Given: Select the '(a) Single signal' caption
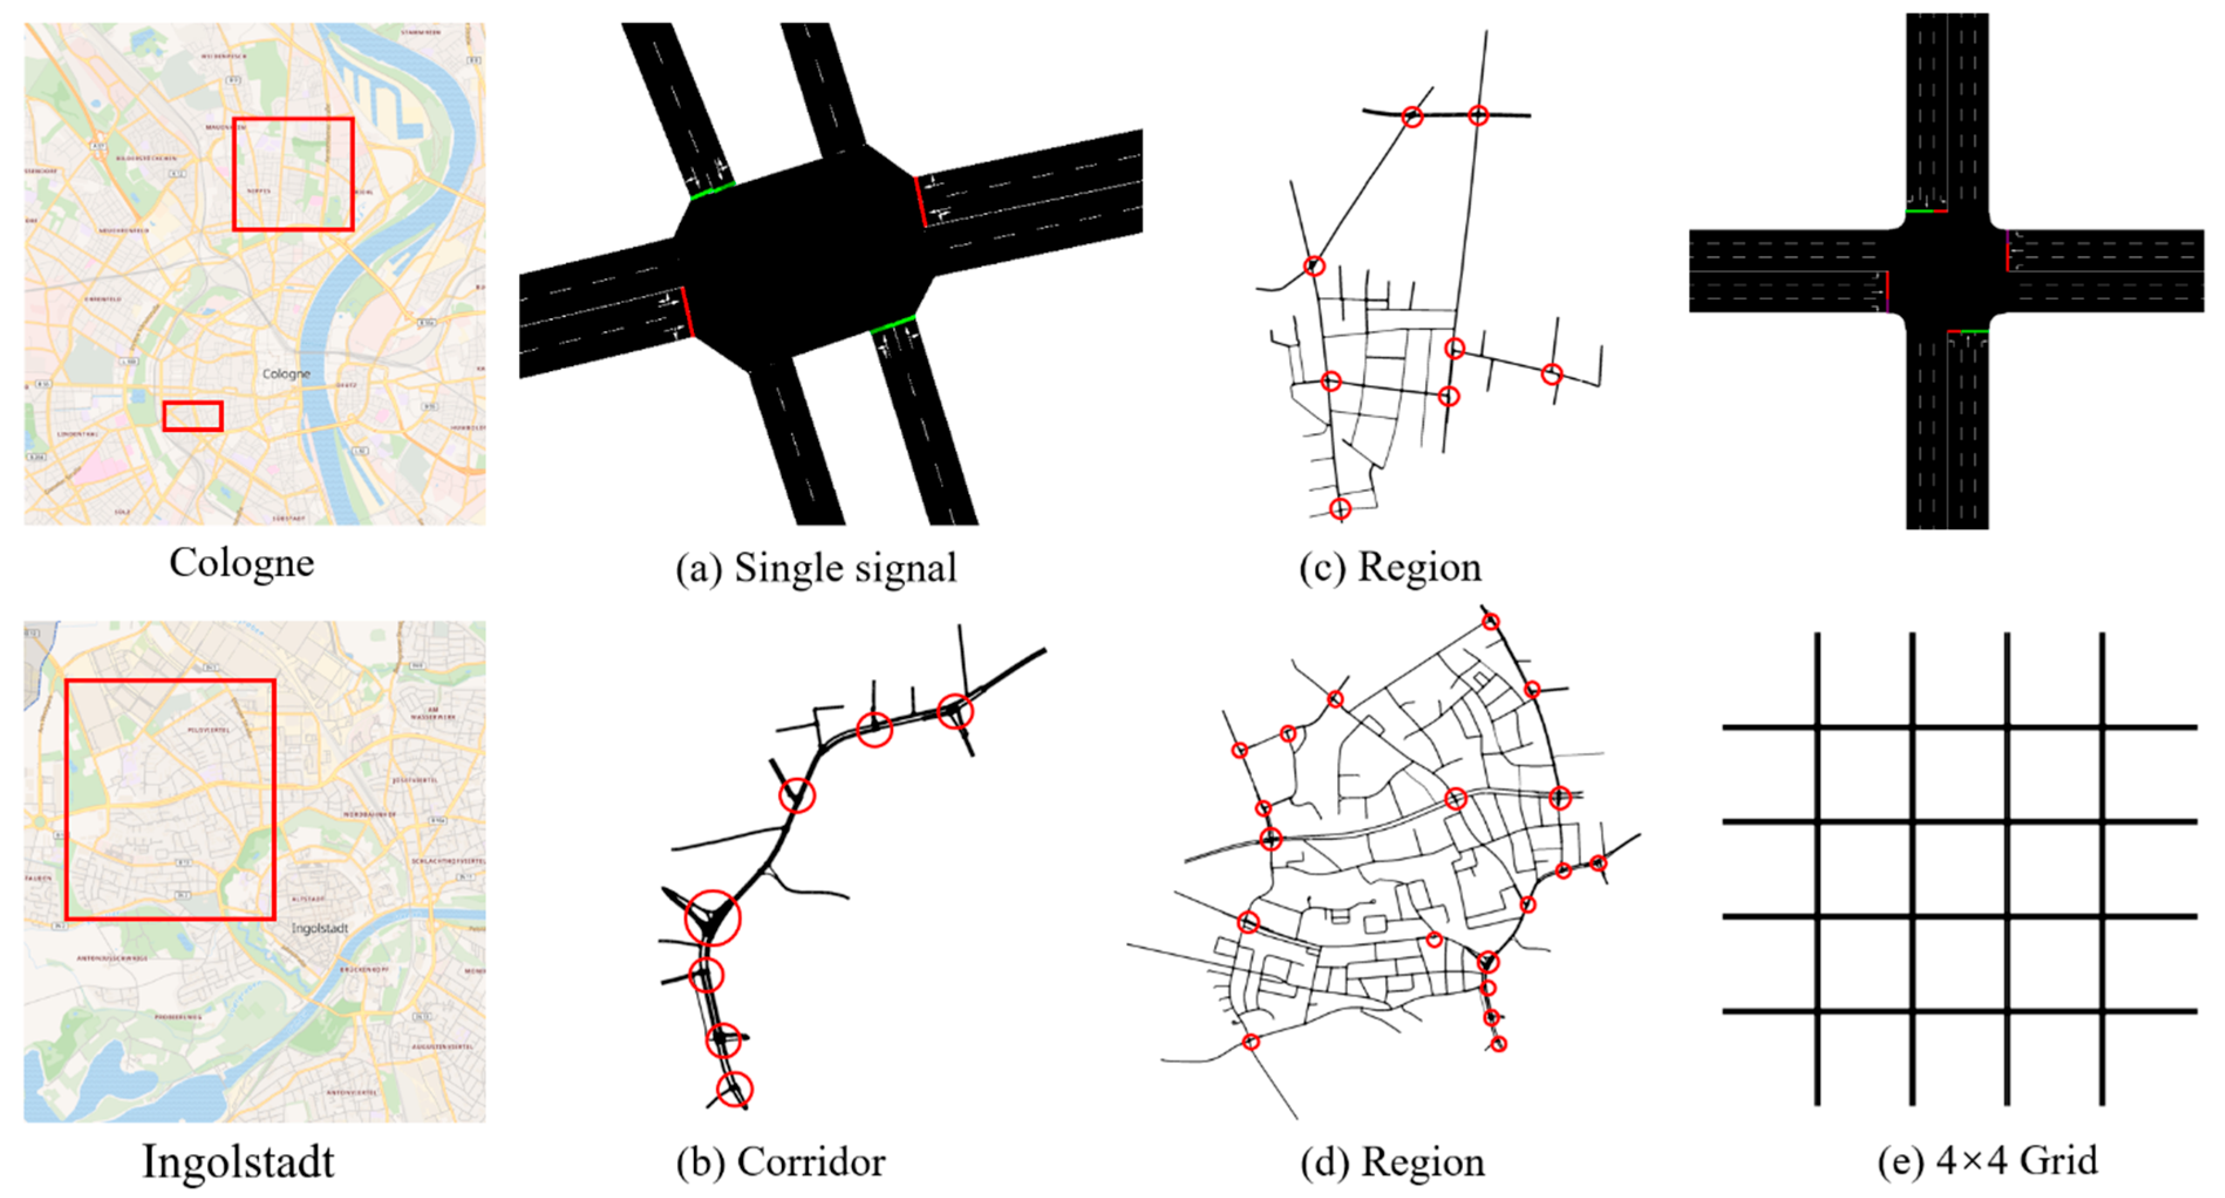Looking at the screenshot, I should (816, 569).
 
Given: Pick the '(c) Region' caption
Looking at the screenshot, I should (1390, 567).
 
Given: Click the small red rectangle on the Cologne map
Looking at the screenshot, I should (193, 416).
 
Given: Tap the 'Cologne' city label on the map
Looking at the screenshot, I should (286, 374).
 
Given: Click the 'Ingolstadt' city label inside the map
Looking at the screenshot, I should (319, 928).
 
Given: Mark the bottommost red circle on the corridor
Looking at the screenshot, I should (734, 1090).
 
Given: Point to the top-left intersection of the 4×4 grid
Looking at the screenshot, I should (1817, 727).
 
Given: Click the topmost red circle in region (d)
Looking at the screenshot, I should (1491, 621).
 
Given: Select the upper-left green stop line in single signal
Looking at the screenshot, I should (713, 190).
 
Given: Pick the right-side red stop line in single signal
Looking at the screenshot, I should (921, 203).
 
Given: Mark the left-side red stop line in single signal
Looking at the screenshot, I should (687, 312).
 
